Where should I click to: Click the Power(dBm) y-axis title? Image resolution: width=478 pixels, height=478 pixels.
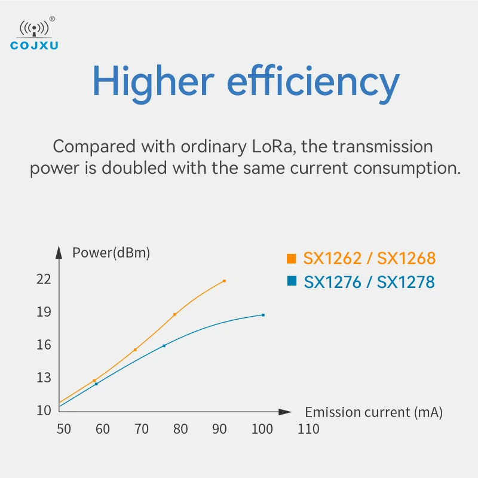[111, 253]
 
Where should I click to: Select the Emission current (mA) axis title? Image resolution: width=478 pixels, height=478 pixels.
[373, 412]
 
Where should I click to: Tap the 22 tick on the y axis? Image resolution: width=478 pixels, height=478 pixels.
[44, 279]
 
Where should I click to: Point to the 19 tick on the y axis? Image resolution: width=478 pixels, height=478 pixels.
[44, 312]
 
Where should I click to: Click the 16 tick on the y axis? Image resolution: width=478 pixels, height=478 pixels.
[44, 345]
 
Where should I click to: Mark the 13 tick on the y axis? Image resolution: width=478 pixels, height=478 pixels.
[44, 378]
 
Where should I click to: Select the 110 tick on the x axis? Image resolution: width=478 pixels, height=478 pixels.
[308, 429]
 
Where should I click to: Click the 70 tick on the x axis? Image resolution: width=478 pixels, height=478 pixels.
[141, 429]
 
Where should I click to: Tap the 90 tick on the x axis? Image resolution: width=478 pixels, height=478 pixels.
[219, 429]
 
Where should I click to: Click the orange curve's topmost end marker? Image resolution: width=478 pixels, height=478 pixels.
[224, 281]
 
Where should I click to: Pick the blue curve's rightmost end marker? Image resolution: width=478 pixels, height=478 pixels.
[263, 315]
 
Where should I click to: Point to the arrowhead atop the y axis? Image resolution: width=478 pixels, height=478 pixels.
[59, 252]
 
